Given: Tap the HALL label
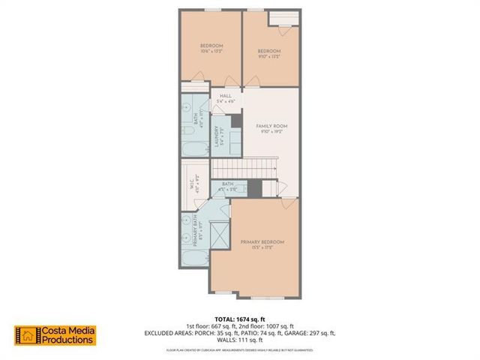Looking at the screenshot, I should (225, 97).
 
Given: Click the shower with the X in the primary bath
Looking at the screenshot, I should (220, 234).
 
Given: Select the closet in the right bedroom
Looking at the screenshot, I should (283, 20).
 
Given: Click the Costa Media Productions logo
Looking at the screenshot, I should (55, 335).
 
